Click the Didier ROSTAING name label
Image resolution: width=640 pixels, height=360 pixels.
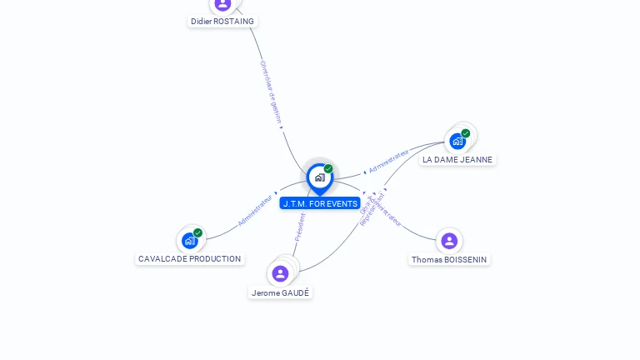222,22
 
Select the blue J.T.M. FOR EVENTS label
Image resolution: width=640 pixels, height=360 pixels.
320,203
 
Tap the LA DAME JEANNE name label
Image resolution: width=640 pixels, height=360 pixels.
457,159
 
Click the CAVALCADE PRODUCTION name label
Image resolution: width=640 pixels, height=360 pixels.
190,258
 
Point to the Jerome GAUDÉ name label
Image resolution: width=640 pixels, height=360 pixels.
280,292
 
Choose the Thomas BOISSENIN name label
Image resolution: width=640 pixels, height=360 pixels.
450,259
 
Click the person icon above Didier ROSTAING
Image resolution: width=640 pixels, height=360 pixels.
222,4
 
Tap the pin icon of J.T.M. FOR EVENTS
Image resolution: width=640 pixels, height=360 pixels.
319,177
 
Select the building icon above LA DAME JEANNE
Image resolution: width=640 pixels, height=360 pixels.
457,141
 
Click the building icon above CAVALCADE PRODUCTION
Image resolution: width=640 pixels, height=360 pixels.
189,241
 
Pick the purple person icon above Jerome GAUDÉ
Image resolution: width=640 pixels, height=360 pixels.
280,272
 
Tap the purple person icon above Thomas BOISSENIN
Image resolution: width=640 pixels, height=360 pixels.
449,241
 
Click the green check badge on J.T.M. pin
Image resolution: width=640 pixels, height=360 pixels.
328,168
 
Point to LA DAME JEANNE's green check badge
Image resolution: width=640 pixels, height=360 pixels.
466,133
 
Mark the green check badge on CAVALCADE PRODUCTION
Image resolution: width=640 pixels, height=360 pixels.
197,232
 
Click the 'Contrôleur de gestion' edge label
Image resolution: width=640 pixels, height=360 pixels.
271,92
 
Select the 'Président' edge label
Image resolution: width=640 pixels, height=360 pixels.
300,227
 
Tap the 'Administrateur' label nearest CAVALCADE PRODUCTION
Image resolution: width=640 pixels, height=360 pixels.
255,211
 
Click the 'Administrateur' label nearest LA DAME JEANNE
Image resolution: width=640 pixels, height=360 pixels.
389,161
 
